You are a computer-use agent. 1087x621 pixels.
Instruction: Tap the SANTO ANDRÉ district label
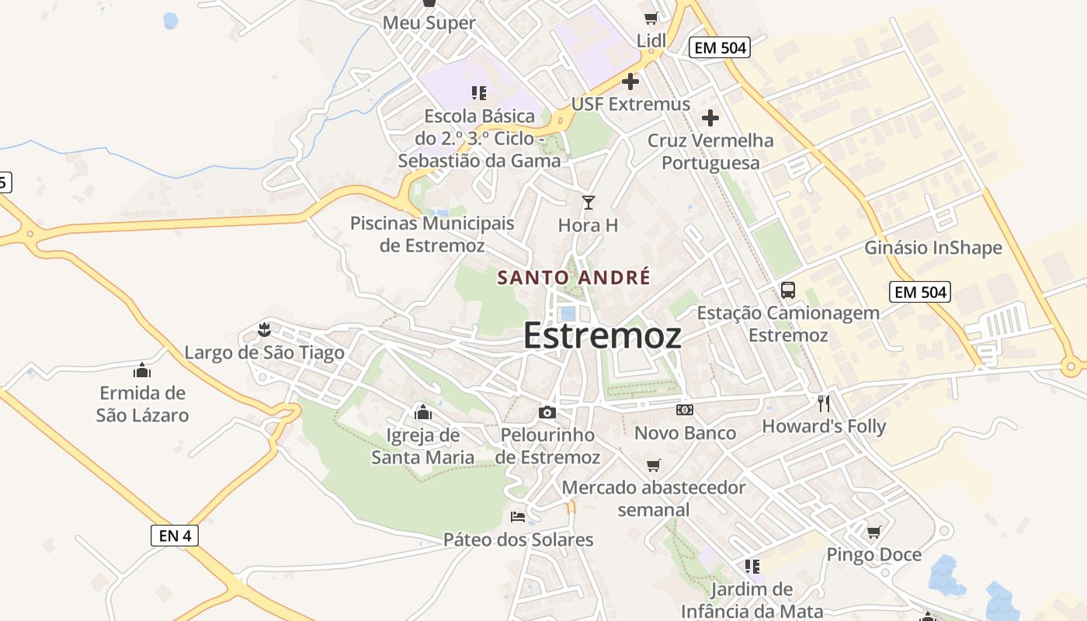(574, 277)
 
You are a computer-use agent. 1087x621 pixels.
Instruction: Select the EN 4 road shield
(175, 536)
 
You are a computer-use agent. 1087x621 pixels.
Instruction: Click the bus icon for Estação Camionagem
(788, 290)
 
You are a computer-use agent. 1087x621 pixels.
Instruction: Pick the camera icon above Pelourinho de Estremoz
(547, 412)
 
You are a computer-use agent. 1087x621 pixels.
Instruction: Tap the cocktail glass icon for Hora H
(589, 203)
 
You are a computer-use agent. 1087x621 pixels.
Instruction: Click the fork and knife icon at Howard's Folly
(824, 404)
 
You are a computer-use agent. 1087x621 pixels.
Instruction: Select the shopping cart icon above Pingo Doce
(874, 532)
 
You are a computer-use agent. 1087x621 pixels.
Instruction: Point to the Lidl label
(651, 40)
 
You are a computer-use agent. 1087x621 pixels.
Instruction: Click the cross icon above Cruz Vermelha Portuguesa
(710, 118)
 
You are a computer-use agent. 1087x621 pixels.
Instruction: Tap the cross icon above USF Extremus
(630, 81)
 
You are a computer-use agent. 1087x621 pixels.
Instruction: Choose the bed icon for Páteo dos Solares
(518, 517)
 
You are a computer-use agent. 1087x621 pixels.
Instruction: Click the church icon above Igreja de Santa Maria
(423, 411)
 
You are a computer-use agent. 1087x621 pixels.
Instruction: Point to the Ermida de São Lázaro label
(142, 404)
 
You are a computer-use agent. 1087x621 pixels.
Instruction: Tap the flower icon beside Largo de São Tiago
(265, 330)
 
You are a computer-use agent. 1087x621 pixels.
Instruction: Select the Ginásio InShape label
(933, 248)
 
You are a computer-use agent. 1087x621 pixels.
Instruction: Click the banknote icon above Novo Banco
(684, 409)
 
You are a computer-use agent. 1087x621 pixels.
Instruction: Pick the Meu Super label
(429, 23)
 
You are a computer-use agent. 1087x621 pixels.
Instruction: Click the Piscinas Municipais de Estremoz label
(432, 234)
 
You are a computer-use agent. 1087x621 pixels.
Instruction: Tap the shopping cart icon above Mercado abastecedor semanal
(654, 465)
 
